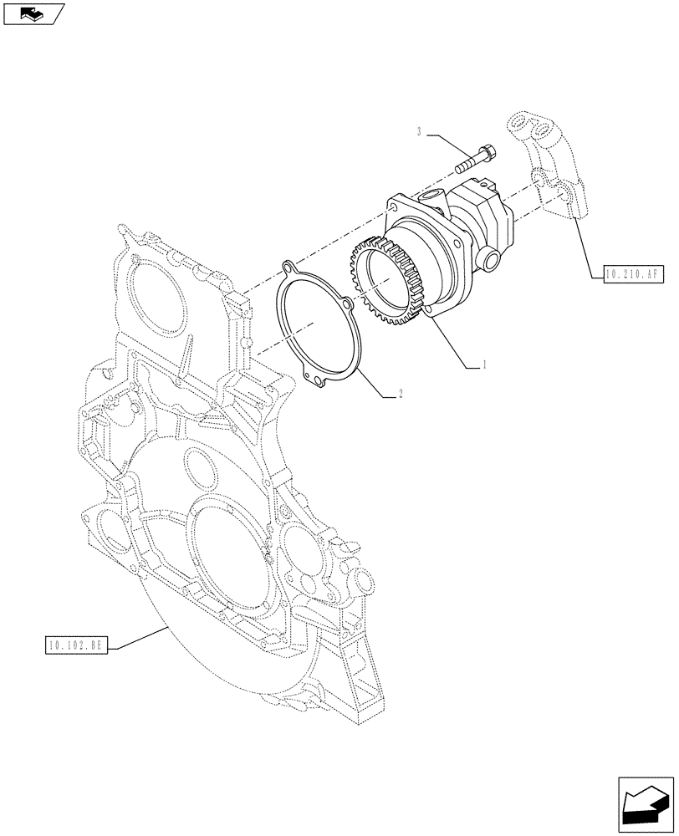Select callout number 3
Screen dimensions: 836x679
[x=420, y=132]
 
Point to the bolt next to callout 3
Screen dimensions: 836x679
[x=474, y=161]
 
